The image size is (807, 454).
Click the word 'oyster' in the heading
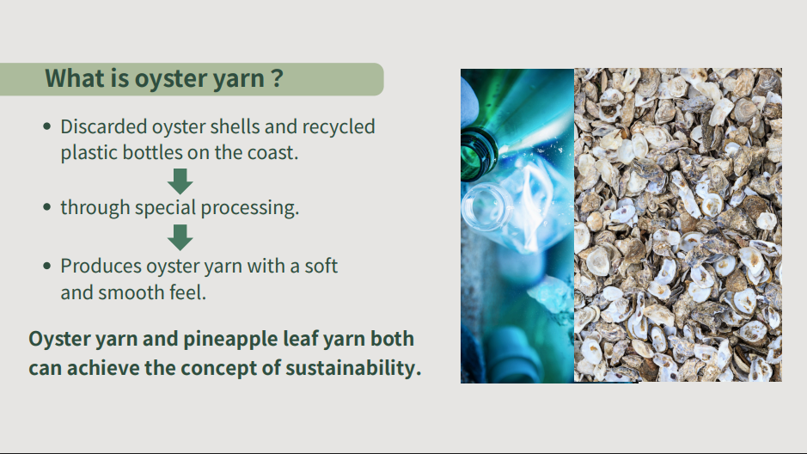point(166,79)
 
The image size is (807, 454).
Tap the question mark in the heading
point(278,78)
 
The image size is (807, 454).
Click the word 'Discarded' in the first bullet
point(104,126)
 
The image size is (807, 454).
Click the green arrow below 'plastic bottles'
point(180,181)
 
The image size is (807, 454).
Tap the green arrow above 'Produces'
point(180,237)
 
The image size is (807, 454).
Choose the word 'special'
point(165,208)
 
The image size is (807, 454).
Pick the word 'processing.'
point(249,208)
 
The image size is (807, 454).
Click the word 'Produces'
point(101,267)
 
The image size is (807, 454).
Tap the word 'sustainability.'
point(353,368)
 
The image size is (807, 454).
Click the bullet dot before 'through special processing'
point(47,207)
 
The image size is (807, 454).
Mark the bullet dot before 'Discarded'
point(47,126)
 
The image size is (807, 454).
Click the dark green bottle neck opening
point(478,155)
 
